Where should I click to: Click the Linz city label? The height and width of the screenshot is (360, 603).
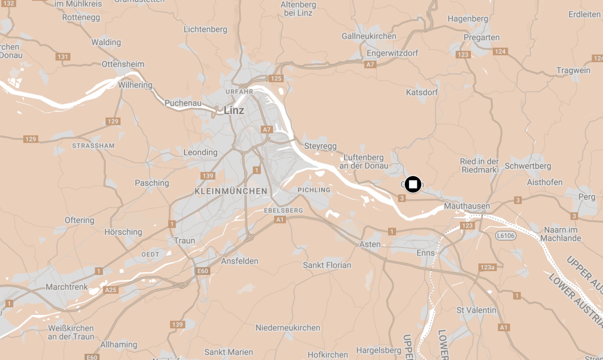(234, 111)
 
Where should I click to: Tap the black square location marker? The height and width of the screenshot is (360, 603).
(413, 184)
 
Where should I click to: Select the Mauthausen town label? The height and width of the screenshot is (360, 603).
(467, 206)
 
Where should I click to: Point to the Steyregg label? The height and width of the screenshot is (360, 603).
(320, 146)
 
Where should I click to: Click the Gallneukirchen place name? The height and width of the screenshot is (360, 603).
(369, 36)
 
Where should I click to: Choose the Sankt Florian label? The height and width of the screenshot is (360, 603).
(327, 265)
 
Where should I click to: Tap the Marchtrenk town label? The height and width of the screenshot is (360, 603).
(67, 287)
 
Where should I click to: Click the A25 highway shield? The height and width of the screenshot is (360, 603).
(110, 290)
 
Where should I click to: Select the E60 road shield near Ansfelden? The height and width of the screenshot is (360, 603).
(203, 271)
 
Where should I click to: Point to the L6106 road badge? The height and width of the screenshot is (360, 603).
(505, 236)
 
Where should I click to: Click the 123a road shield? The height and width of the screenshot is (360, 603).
(487, 267)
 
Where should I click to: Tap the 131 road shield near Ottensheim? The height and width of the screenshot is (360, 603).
(63, 57)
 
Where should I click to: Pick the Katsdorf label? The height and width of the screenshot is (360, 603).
(422, 92)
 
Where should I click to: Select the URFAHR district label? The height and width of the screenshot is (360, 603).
(239, 92)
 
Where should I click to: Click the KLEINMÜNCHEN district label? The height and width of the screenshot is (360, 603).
(231, 191)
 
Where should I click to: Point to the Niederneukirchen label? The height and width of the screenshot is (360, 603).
(288, 328)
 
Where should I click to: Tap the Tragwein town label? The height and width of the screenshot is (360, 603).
(573, 71)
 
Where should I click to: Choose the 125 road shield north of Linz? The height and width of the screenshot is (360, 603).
(276, 79)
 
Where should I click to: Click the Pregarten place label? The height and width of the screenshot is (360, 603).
(481, 38)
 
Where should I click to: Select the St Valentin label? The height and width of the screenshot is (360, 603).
(476, 310)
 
